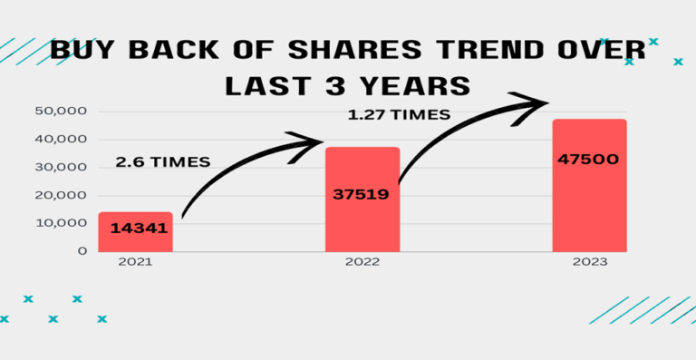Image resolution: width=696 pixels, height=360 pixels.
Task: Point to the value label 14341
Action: pyautogui.click(x=139, y=228)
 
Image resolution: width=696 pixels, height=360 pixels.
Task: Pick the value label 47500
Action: pyautogui.click(x=589, y=160)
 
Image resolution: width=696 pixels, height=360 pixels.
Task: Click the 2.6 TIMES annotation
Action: pyautogui.click(x=163, y=161)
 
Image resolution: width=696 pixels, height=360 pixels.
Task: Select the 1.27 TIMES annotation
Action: pyautogui.click(x=399, y=115)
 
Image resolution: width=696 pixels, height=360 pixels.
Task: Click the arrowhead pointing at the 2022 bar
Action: pyautogui.click(x=308, y=145)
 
